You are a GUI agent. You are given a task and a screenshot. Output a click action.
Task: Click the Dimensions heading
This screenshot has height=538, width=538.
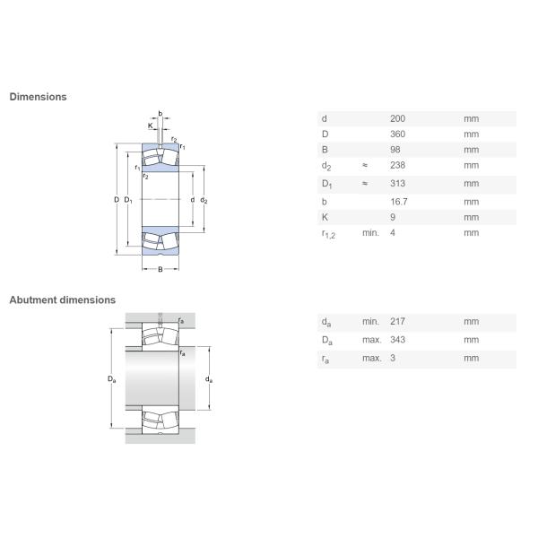click(x=38, y=97)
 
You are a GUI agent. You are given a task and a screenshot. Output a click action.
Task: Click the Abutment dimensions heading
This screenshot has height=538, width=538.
click(x=62, y=300)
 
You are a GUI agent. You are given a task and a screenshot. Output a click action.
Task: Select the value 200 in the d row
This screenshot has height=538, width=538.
click(x=397, y=118)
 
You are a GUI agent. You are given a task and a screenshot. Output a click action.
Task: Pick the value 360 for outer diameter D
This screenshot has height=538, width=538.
click(x=397, y=134)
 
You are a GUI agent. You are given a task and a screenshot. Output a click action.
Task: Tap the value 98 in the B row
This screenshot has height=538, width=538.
click(x=395, y=150)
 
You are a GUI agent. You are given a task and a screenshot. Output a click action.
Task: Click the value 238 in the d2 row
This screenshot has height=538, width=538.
click(x=397, y=166)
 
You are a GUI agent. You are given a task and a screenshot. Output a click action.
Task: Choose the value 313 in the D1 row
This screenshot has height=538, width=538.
click(x=397, y=184)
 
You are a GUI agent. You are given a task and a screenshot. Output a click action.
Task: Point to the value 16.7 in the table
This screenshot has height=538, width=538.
click(x=398, y=202)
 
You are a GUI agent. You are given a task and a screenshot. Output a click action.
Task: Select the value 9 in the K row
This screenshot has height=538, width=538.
click(x=393, y=217)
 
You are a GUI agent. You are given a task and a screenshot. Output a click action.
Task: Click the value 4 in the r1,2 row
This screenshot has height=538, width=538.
click(x=393, y=233)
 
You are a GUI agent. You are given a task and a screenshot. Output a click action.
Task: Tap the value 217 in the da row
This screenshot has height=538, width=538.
click(x=397, y=322)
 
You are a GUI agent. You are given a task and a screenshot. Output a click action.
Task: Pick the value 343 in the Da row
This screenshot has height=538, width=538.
click(x=397, y=341)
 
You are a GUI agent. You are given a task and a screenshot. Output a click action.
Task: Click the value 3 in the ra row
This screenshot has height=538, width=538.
click(x=393, y=359)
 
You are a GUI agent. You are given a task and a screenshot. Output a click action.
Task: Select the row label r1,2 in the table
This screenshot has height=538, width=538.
click(x=327, y=234)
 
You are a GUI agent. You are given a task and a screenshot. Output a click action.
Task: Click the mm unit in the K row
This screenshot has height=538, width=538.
click(x=471, y=217)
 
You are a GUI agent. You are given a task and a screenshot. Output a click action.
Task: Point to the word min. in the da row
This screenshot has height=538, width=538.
click(x=370, y=322)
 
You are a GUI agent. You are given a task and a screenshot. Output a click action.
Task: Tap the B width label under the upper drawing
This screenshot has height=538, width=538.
click(x=161, y=270)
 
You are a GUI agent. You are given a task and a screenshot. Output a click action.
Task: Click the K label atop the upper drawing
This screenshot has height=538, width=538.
click(x=150, y=126)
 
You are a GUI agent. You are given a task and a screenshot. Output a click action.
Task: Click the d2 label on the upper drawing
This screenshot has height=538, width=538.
click(x=204, y=200)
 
